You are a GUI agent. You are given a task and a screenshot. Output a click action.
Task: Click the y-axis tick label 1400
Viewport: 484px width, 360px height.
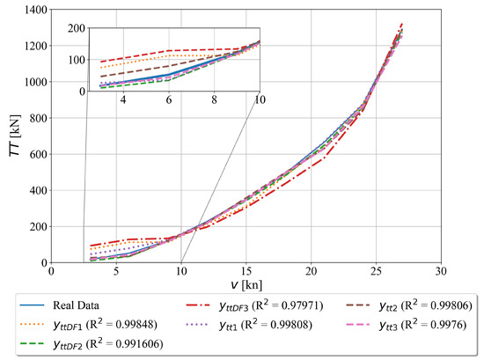(x=33, y=9)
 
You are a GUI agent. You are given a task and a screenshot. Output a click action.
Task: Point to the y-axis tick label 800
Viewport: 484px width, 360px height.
(x=35, y=118)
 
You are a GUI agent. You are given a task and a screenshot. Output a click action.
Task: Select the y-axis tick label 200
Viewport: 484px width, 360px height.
(x=35, y=227)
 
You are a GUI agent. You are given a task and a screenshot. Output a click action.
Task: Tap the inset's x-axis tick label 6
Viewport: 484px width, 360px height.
(x=168, y=102)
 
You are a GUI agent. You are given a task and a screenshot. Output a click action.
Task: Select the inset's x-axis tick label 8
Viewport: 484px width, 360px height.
(x=214, y=102)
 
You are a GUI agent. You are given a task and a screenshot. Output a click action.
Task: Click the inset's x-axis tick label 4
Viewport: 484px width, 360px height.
(x=122, y=102)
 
